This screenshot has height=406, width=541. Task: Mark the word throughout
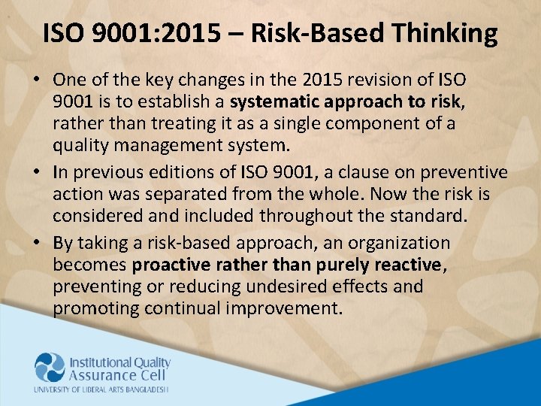[307, 216]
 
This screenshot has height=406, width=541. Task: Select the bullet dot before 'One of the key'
[38, 80]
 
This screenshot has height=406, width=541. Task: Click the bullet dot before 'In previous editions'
[38, 172]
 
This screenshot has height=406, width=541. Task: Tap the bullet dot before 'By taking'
[38, 244]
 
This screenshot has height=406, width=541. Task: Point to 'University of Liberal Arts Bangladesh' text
[101, 389]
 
